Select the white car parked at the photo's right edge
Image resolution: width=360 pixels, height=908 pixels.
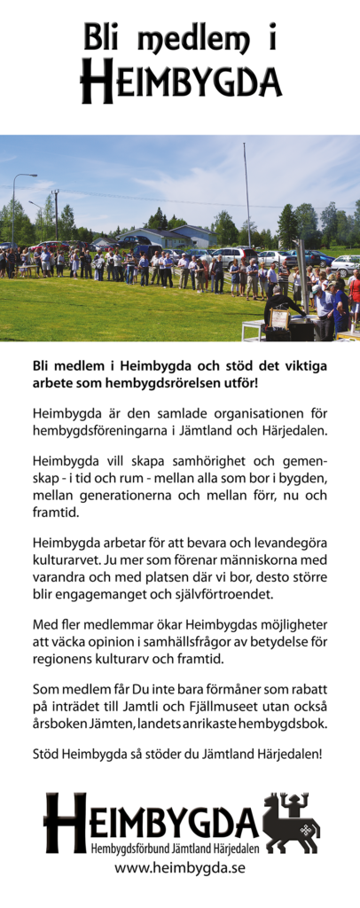pyautogui.click(x=345, y=262)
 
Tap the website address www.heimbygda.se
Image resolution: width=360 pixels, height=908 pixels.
pyautogui.click(x=180, y=868)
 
